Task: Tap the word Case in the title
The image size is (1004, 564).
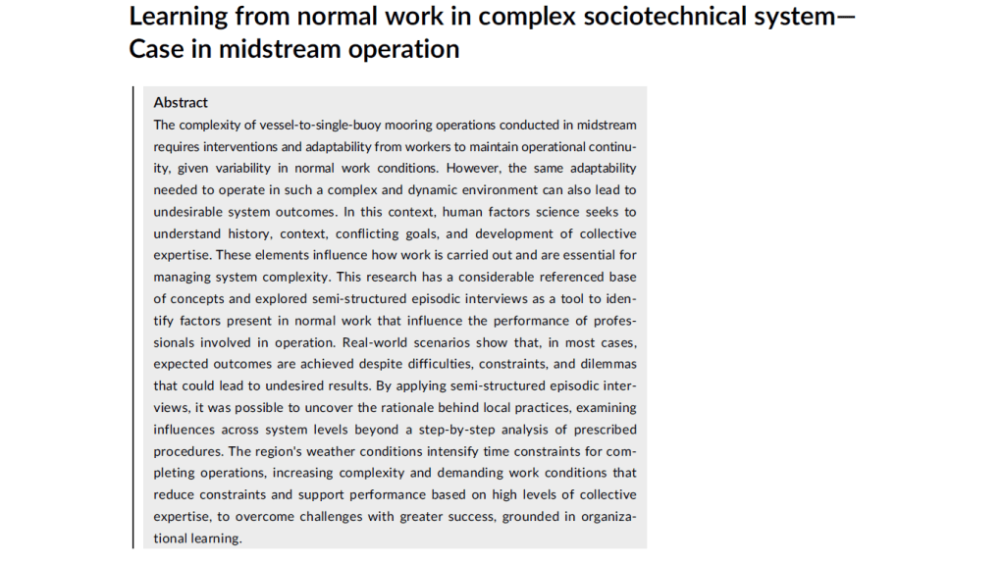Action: pos(156,49)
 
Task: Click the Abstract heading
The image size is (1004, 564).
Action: pos(181,102)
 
